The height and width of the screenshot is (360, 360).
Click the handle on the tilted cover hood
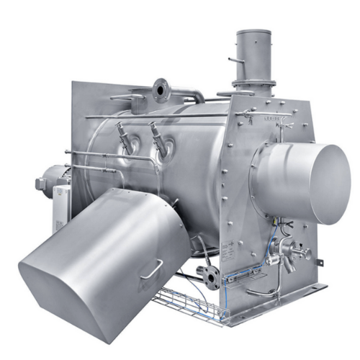tap(151, 269)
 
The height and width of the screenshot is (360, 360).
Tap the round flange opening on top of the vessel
tap(160, 89)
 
